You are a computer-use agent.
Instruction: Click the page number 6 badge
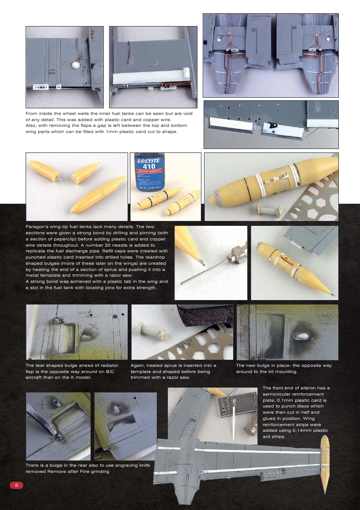16,485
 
